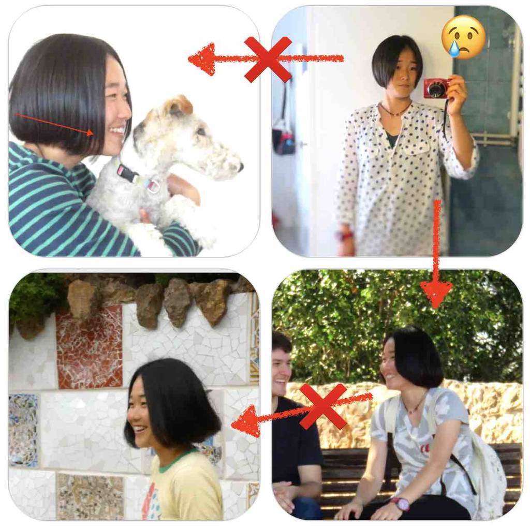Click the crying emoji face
click(463, 37)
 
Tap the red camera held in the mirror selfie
click(436, 88)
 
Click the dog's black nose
click(240, 167)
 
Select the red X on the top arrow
click(268, 59)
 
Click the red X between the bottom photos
click(323, 406)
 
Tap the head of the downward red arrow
click(436, 293)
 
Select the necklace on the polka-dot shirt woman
click(394, 111)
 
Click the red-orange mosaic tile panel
click(89, 346)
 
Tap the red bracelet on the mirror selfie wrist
click(346, 236)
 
